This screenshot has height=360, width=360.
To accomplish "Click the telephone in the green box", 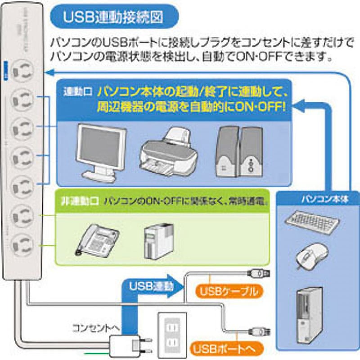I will click(x=97, y=238).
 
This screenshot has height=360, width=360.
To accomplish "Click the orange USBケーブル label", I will click(x=230, y=291).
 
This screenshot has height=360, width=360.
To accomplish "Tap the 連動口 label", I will click(x=77, y=91).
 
